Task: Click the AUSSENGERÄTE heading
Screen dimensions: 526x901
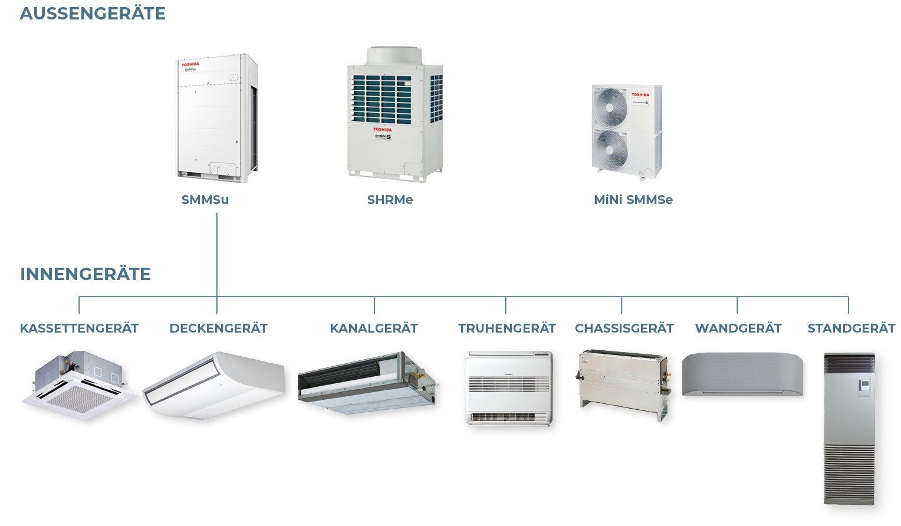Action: pos(93,14)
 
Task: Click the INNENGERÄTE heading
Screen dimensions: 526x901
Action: pos(86,274)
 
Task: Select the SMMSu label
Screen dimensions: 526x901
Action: pos(205,200)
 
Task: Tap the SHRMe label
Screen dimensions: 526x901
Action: pos(390,200)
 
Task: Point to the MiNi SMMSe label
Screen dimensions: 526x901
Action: pos(633,200)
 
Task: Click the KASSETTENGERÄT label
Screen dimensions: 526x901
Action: pos(79,328)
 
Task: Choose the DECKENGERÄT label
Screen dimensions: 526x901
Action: pos(218,328)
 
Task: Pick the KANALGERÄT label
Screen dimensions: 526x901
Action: pos(374,328)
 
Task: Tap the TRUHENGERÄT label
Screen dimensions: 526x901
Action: pos(507,328)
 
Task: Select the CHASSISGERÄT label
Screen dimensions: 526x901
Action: pos(624,328)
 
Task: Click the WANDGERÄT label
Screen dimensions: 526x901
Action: pos(738,328)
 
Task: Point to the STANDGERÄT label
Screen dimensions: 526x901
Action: pos(851,328)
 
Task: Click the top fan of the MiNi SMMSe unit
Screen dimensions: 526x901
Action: pos(610,107)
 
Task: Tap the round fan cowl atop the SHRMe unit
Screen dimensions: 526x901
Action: pos(394,58)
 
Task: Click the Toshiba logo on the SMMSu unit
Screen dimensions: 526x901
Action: pos(190,64)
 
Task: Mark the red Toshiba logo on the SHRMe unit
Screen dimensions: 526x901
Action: pos(382,128)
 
